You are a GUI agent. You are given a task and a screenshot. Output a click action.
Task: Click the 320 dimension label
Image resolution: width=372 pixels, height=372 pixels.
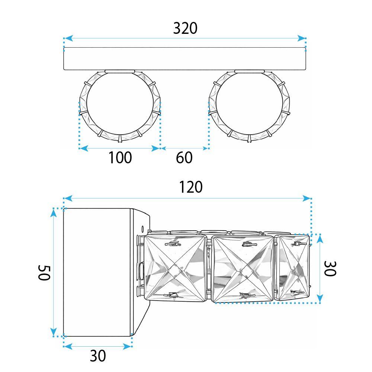[x=185, y=29]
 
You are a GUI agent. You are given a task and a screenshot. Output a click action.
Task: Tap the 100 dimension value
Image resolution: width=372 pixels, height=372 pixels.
[x=120, y=158]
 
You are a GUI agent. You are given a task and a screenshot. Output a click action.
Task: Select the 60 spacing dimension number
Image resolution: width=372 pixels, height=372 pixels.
[x=184, y=158]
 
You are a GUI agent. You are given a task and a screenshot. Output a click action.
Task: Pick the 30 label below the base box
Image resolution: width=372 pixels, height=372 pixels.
[x=98, y=356]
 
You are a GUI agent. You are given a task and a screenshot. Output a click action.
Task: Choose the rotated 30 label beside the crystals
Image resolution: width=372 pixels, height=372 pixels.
[x=330, y=268]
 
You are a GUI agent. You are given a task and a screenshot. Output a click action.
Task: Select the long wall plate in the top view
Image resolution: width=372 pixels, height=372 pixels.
[x=185, y=59]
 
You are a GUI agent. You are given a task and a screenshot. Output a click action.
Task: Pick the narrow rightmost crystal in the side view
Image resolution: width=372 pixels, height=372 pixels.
[x=294, y=267]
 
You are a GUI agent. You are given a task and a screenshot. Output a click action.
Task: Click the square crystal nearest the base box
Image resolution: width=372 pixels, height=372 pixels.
[x=175, y=267]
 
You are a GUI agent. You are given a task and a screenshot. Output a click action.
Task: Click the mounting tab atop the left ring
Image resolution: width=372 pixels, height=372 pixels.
[x=120, y=71]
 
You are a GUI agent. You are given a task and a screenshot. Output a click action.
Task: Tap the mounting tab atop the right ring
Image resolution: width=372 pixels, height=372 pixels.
[x=249, y=71]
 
